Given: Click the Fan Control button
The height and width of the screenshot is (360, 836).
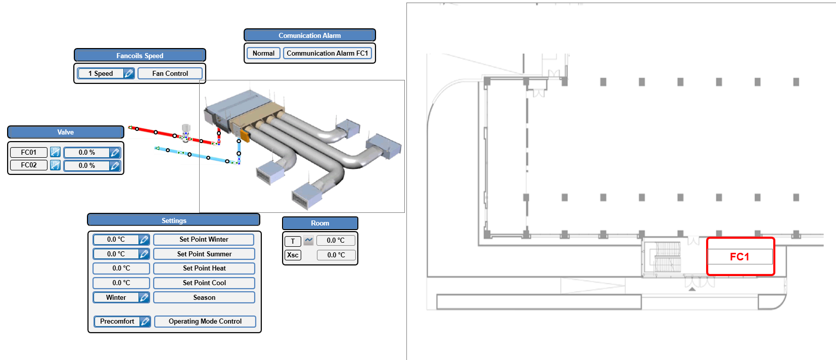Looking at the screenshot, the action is (170, 74).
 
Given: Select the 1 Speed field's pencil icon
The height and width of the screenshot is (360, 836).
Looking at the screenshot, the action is (128, 74).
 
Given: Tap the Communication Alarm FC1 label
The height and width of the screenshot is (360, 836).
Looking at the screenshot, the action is (328, 54).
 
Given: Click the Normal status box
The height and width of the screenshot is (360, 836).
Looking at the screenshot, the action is (263, 54).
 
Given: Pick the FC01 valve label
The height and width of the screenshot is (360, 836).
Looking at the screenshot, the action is (29, 152).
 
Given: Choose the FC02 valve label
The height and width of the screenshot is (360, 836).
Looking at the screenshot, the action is (29, 165).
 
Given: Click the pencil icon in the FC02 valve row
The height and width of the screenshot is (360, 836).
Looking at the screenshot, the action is (115, 165).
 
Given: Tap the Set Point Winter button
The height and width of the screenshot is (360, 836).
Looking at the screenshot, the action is (204, 239).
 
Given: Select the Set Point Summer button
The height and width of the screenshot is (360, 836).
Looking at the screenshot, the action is (204, 254).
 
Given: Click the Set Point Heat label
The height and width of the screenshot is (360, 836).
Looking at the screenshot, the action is (204, 268).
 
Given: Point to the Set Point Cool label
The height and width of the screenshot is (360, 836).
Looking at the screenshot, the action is (204, 283).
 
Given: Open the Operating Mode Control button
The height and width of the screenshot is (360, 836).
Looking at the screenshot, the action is (205, 321).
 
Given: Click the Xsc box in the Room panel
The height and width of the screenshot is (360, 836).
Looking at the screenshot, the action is (293, 255).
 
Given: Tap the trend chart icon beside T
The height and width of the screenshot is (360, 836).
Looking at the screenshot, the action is (308, 241).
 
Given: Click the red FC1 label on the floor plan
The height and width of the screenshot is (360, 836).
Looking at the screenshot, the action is (739, 257).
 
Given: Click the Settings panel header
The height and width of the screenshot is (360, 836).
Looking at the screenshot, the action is (173, 220).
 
